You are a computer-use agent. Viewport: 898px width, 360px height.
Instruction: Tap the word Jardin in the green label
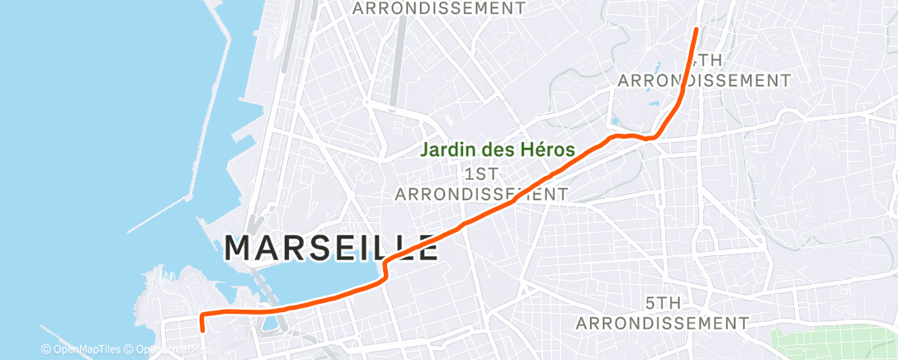pos(446,151)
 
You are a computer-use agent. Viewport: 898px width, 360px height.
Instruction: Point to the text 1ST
pos(481,174)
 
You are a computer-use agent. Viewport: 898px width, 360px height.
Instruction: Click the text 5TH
pos(662,303)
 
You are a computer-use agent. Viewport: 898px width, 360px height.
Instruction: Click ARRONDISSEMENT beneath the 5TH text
pos(662,322)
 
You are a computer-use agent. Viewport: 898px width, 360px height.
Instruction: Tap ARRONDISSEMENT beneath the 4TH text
pos(704,80)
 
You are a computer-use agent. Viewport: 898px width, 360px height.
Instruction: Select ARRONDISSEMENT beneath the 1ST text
pos(481,194)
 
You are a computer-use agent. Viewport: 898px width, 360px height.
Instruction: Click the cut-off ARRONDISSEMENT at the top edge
pos(438,8)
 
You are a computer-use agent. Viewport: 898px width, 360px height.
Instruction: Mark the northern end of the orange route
pos(696,30)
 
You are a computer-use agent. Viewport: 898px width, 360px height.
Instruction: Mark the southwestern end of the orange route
pos(202,330)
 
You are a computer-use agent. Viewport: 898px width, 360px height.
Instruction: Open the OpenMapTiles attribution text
pos(81,349)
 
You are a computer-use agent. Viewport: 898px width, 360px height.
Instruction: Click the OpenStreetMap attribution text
pos(165,349)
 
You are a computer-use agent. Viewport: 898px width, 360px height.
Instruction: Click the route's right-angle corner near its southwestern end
pos(201,315)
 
